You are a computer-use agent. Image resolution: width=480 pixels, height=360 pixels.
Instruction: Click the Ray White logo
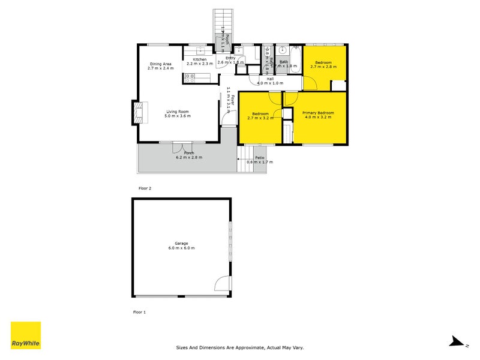pos(26,335)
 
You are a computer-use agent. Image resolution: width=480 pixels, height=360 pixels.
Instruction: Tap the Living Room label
pos(178,111)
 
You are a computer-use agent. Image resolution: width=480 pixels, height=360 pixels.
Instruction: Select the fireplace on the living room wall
pos(139,112)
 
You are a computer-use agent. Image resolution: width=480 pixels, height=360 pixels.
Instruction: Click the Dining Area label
pos(160,64)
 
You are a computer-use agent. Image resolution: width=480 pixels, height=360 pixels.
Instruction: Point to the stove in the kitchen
pos(190,76)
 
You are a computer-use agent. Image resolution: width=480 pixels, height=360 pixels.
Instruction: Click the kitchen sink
pos(200,53)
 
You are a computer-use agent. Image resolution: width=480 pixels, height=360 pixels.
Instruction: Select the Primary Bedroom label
pos(317,113)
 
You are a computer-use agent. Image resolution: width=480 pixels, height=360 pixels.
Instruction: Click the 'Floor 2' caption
pos(145,188)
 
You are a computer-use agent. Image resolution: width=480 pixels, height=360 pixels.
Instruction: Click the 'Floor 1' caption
pos(139,313)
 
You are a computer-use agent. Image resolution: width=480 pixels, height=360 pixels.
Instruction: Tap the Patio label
pos(259,157)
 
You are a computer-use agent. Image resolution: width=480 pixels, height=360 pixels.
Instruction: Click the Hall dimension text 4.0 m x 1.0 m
pos(269,83)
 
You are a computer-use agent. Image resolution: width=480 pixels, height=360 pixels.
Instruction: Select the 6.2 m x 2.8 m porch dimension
pos(189,158)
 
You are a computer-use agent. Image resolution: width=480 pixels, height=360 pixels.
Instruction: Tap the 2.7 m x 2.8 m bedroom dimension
pos(324,67)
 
